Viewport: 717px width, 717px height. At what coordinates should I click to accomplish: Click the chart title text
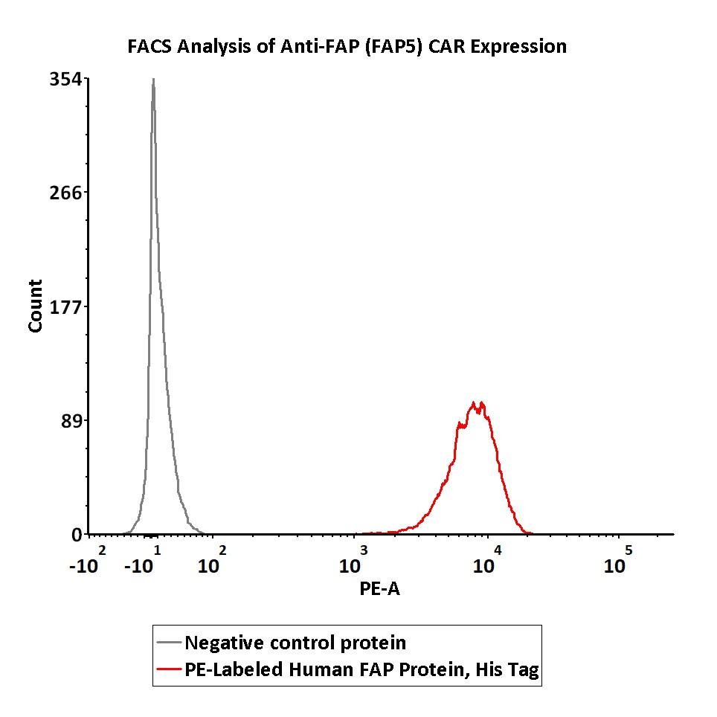coord(347,47)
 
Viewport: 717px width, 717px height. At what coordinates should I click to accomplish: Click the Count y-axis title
coord(35,306)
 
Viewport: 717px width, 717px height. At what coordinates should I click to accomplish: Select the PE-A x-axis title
coord(379,589)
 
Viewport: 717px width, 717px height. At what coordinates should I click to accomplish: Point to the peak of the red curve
coord(475,403)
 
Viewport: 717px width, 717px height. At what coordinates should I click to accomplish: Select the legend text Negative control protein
coord(295,643)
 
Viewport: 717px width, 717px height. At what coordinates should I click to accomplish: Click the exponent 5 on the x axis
coord(628,550)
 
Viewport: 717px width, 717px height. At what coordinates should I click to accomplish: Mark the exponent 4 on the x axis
coord(498,550)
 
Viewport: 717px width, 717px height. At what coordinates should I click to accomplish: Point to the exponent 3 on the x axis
coord(364,550)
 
